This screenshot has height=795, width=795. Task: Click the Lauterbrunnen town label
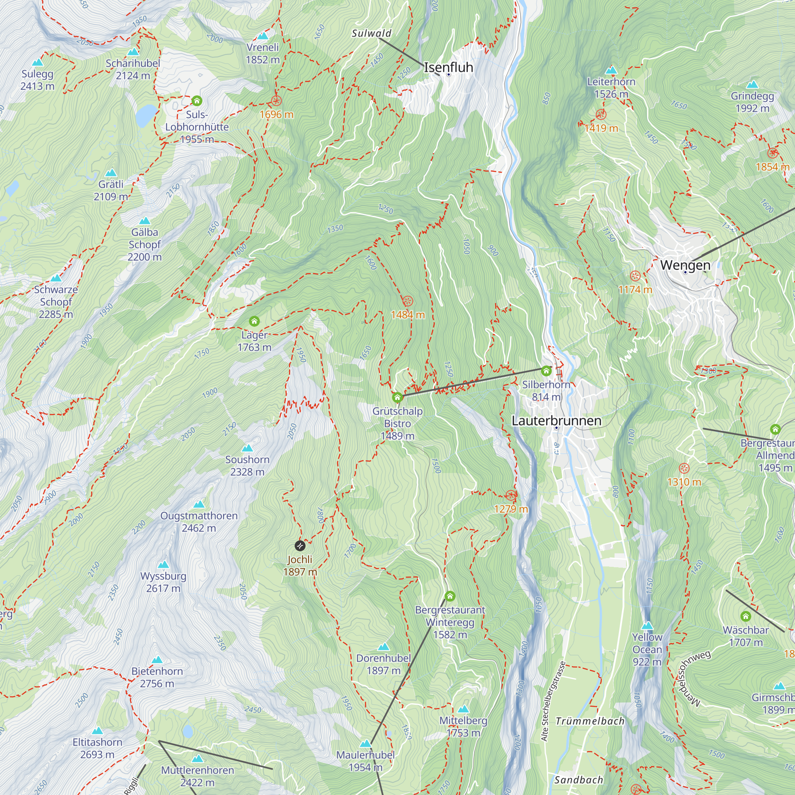coord(556,421)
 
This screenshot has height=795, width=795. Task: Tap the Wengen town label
coord(685,265)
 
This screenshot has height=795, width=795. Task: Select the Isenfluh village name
coord(448,67)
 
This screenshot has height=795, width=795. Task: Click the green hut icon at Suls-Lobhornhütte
coord(197,101)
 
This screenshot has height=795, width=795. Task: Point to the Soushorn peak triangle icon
coord(247,448)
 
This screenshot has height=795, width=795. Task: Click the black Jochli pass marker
coord(300,546)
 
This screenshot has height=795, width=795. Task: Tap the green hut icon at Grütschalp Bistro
coord(397,397)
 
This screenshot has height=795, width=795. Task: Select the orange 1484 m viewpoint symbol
coord(407,301)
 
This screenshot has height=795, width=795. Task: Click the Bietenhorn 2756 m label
coord(157,677)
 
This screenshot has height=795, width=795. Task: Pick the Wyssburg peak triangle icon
coord(163,564)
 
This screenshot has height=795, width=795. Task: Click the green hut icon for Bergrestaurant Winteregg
coord(450,596)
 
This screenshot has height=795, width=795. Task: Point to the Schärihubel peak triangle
coord(133,52)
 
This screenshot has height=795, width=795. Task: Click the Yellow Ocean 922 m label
coord(647,650)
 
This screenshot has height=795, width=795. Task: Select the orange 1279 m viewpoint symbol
coord(511,495)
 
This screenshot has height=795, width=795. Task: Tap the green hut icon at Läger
coord(254,321)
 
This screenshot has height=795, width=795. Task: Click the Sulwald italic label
coord(371,33)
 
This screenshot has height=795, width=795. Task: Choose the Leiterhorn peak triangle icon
coord(611,70)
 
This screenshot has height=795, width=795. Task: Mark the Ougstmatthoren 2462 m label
coord(199,522)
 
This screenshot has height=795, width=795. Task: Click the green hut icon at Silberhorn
coord(546,371)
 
